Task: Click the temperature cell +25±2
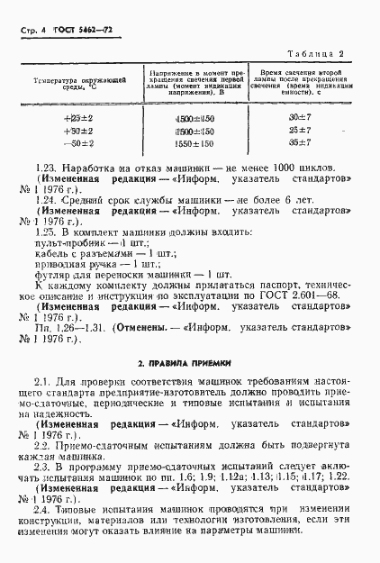click(68, 118)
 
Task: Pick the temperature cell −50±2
click(68, 143)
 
